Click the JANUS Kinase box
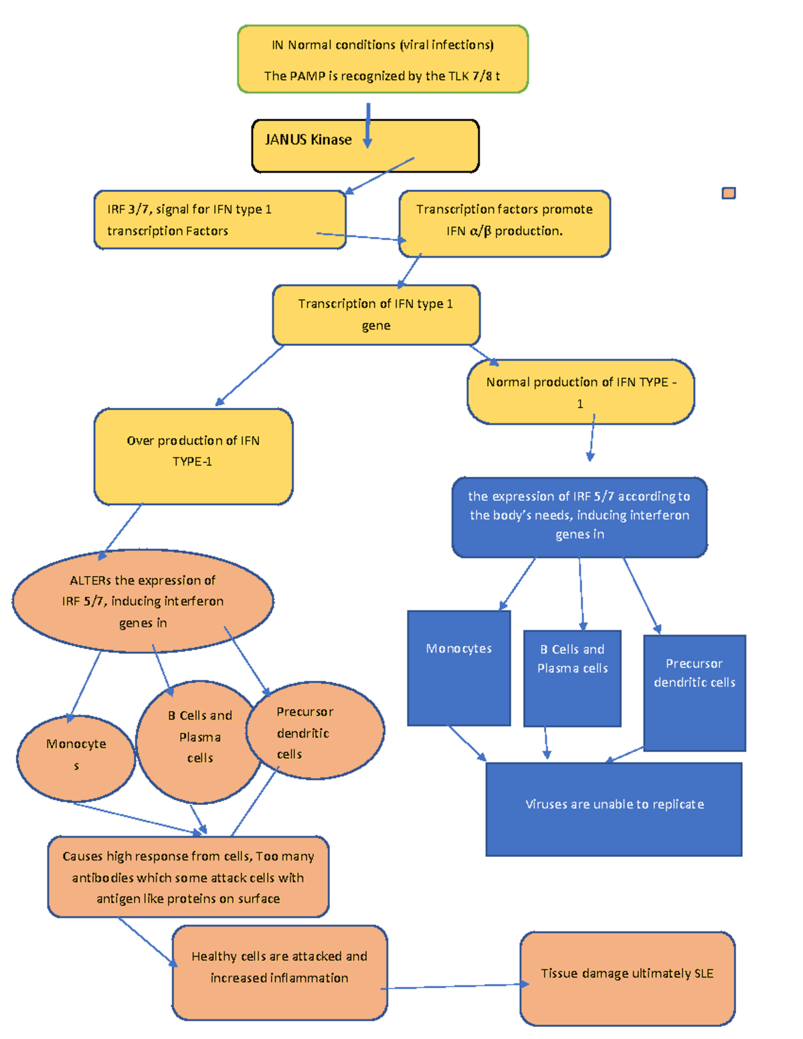(365, 147)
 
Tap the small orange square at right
(729, 193)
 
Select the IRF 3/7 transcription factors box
(219, 220)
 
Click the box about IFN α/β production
(505, 223)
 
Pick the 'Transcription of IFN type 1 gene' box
(376, 315)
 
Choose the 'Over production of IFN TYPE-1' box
(193, 456)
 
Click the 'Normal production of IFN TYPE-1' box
(580, 392)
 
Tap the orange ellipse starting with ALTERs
(143, 601)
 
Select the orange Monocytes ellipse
(76, 758)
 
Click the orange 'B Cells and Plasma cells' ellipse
(199, 741)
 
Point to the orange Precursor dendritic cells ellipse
(315, 731)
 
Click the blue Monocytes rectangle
(459, 668)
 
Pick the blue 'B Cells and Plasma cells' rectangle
(572, 678)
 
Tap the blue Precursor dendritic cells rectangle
(694, 692)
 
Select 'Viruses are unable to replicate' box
(614, 809)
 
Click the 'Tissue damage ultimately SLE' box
(627, 978)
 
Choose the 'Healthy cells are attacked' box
(279, 972)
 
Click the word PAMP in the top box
(307, 76)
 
